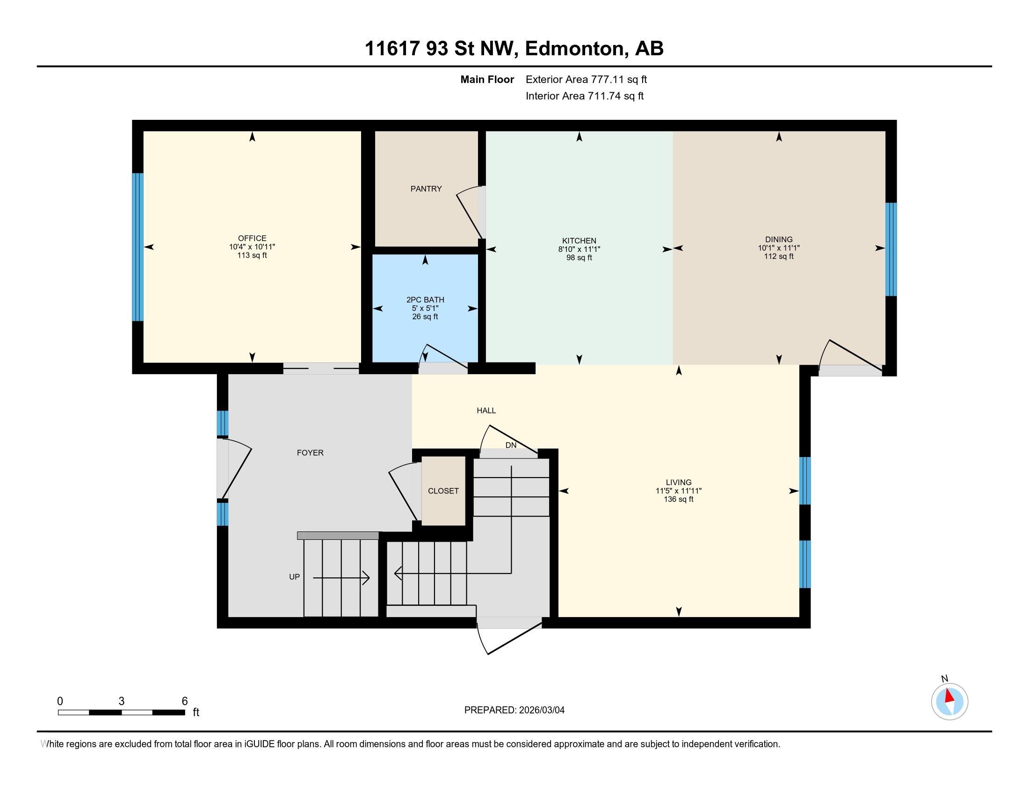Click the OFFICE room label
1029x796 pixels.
click(252, 238)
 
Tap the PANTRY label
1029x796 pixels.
click(426, 189)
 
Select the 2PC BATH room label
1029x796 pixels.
click(425, 300)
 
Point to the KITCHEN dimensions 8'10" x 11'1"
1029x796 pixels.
click(579, 249)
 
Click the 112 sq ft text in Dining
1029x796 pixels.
click(778, 257)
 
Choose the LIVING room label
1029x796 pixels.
click(679, 482)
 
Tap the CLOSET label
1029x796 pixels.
click(443, 491)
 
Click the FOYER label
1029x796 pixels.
click(310, 453)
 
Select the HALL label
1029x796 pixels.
click(486, 410)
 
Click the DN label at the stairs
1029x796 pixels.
click(511, 445)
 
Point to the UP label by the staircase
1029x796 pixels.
click(295, 577)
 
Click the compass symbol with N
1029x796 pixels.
click(949, 701)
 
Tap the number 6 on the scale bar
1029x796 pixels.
click(185, 701)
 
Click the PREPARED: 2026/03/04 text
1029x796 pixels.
click(514, 710)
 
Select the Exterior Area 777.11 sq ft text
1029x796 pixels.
click(586, 79)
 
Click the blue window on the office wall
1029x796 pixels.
click(137, 247)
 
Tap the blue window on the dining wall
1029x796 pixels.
click(891, 249)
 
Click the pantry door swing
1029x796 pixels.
click(469, 212)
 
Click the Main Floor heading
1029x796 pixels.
click(487, 79)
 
